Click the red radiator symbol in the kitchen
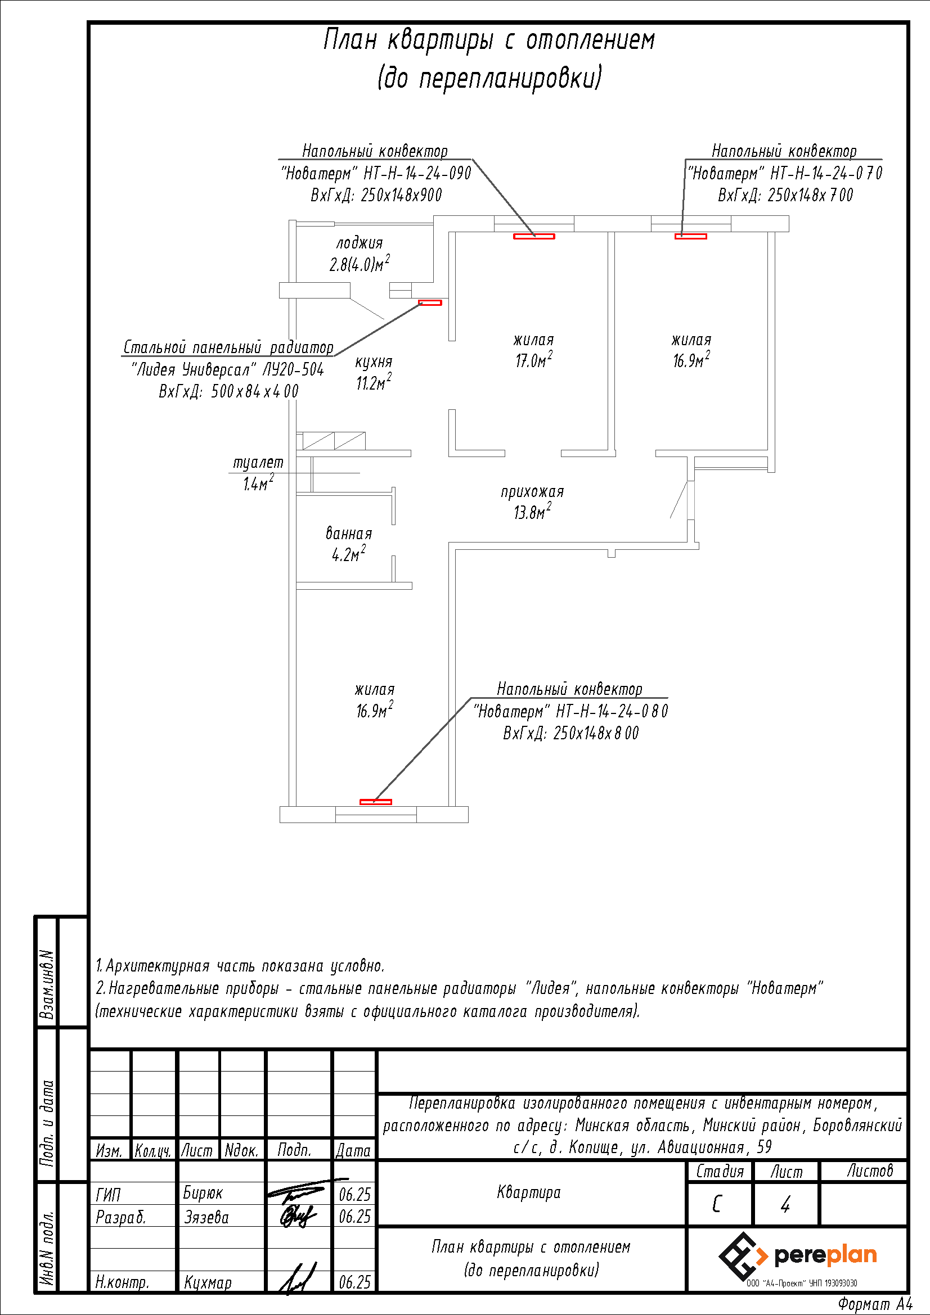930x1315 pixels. coord(430,302)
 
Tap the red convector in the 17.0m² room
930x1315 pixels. coord(533,236)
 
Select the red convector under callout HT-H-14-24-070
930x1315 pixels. coord(690,236)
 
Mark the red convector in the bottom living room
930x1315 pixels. coord(375,802)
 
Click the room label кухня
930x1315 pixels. coord(374,362)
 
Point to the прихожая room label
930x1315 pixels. coord(532,491)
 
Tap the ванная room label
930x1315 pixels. coord(348,533)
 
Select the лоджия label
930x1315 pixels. coord(360,243)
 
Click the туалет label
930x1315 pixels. coord(258,462)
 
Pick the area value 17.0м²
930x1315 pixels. coord(533,360)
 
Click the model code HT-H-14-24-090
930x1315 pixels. coord(417,173)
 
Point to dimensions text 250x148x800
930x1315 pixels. coord(596,733)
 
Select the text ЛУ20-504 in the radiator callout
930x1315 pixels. coord(293,369)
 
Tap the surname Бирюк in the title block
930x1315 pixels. coord(203,1193)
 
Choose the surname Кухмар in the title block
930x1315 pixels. coord(208,1282)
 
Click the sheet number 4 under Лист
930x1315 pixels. coord(785,1204)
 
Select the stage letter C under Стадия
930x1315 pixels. coord(716,1204)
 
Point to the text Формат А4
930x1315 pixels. coord(875,1304)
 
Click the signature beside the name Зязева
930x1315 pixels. coord(298,1215)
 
